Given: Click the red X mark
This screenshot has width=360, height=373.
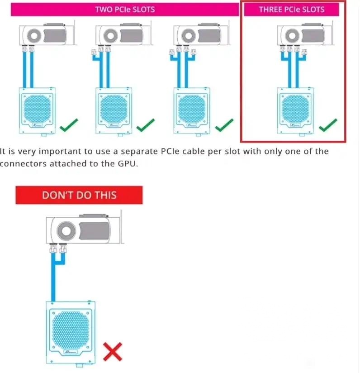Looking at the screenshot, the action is (x=113, y=352).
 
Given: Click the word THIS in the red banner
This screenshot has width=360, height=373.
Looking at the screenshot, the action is (x=106, y=195).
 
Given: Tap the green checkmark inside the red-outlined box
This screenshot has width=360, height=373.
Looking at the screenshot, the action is (x=328, y=125).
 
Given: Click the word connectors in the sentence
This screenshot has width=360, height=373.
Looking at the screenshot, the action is (x=23, y=164).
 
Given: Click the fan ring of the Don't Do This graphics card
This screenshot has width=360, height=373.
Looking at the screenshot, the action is (x=66, y=230).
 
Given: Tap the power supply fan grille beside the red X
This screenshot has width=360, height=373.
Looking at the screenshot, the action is (x=71, y=329).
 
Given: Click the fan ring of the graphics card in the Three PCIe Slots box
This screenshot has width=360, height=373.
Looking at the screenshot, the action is (x=292, y=36).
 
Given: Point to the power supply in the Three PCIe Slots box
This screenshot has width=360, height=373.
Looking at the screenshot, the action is (x=295, y=111).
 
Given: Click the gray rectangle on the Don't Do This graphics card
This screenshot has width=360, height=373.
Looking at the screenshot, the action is (x=95, y=231).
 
